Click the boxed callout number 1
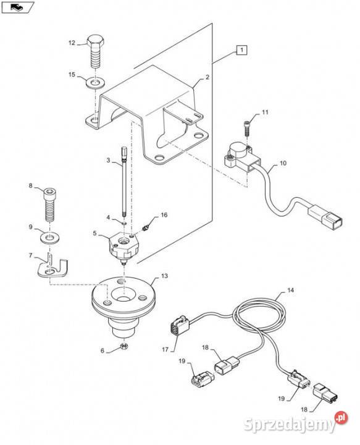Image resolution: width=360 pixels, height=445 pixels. [x=241, y=50]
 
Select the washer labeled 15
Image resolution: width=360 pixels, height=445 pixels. [x=96, y=83]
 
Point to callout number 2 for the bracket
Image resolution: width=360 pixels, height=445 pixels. [x=207, y=77]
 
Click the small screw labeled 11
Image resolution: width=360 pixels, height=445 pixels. [x=246, y=128]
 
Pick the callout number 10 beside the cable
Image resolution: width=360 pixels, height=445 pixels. [x=283, y=163]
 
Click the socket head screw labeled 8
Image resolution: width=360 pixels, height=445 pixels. [x=50, y=205]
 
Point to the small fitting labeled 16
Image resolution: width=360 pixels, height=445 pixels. [x=146, y=227]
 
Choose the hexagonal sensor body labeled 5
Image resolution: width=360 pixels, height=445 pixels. [x=124, y=246]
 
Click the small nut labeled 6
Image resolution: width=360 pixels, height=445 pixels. [x=123, y=346]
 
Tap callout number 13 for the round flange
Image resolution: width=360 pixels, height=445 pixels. [x=164, y=276]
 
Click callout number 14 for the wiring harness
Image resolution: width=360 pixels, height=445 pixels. [x=291, y=290]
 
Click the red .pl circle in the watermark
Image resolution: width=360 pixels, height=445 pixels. [x=341, y=417]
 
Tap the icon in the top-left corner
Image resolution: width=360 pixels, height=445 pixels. [x=17, y=7]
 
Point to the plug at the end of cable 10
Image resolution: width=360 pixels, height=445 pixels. [x=325, y=218]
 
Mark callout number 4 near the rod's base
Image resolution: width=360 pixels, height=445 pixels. [x=108, y=218]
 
